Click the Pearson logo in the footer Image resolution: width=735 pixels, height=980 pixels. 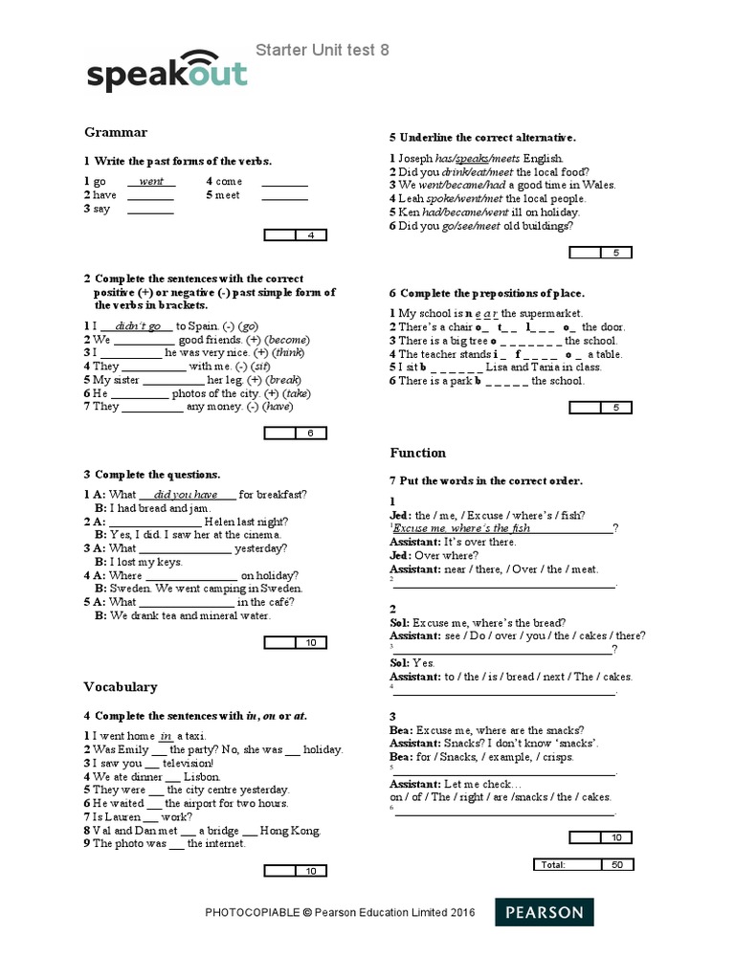click(x=543, y=912)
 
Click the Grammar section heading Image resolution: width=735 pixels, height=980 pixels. click(x=115, y=132)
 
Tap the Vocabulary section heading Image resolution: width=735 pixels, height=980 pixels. click(x=120, y=686)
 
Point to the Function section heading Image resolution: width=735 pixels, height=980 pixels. click(x=417, y=452)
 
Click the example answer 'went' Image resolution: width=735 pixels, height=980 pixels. click(x=151, y=181)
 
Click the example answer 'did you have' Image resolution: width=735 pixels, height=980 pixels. click(x=192, y=494)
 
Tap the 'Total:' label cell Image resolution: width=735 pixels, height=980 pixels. click(x=553, y=864)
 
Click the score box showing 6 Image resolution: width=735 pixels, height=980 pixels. click(x=310, y=434)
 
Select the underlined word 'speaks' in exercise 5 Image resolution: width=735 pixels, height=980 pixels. click(x=473, y=158)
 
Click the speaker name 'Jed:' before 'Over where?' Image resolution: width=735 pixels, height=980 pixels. click(x=403, y=555)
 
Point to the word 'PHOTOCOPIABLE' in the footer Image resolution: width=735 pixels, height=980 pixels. click(x=253, y=913)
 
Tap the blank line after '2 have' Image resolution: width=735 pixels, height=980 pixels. click(x=150, y=195)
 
